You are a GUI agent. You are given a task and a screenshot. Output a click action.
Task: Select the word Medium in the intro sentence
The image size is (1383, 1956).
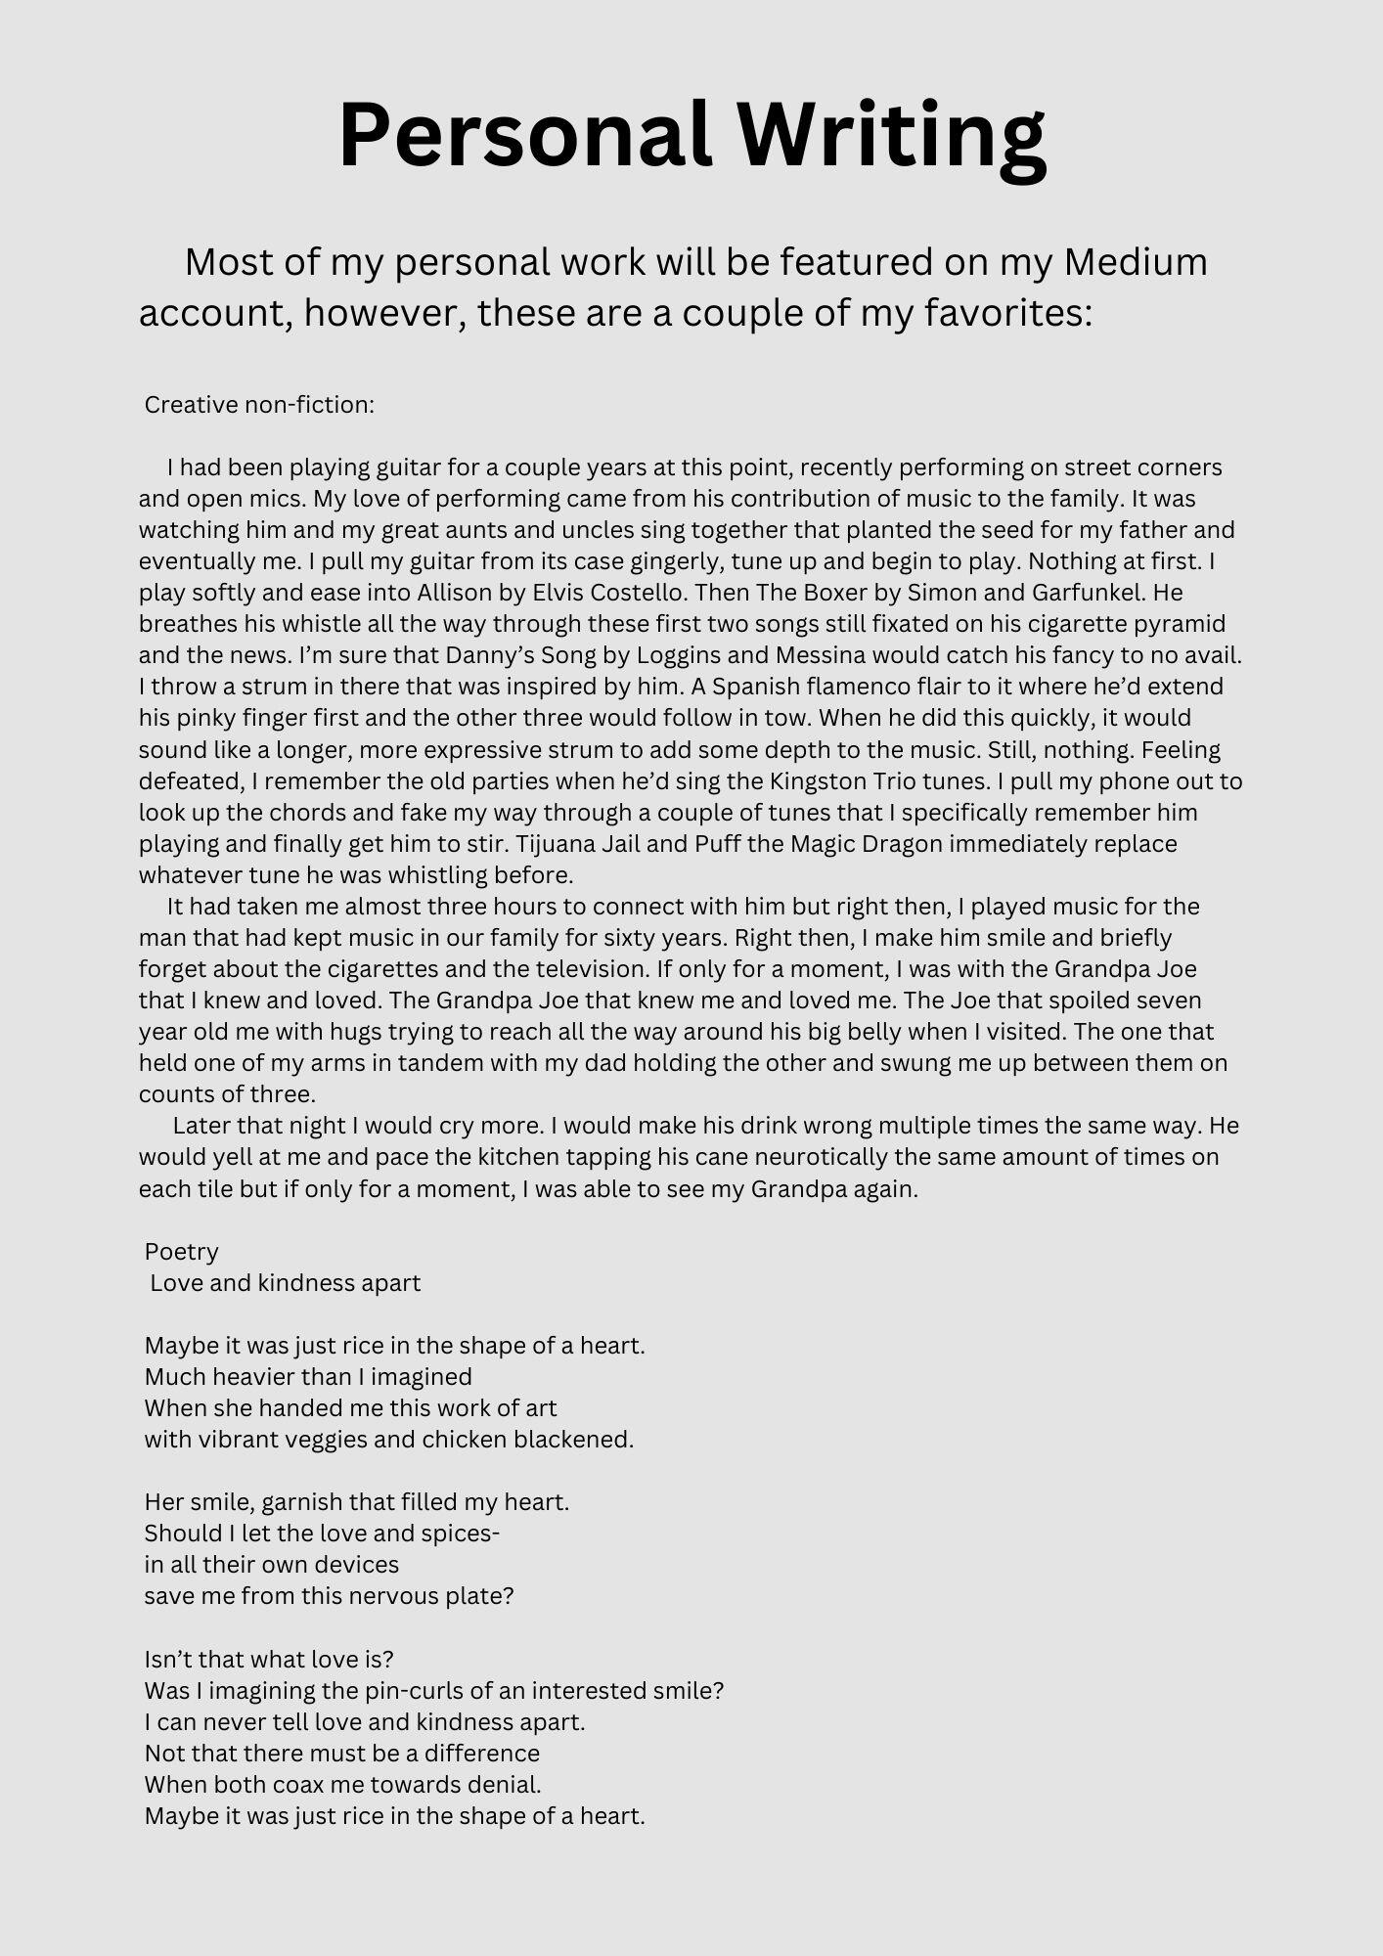[x=1136, y=262]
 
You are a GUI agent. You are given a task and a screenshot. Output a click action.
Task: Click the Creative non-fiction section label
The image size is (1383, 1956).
[x=259, y=405]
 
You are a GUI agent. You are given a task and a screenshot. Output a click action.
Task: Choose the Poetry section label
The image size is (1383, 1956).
[x=182, y=1252]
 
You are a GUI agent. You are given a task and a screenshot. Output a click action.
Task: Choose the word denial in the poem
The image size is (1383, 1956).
[x=506, y=1784]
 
